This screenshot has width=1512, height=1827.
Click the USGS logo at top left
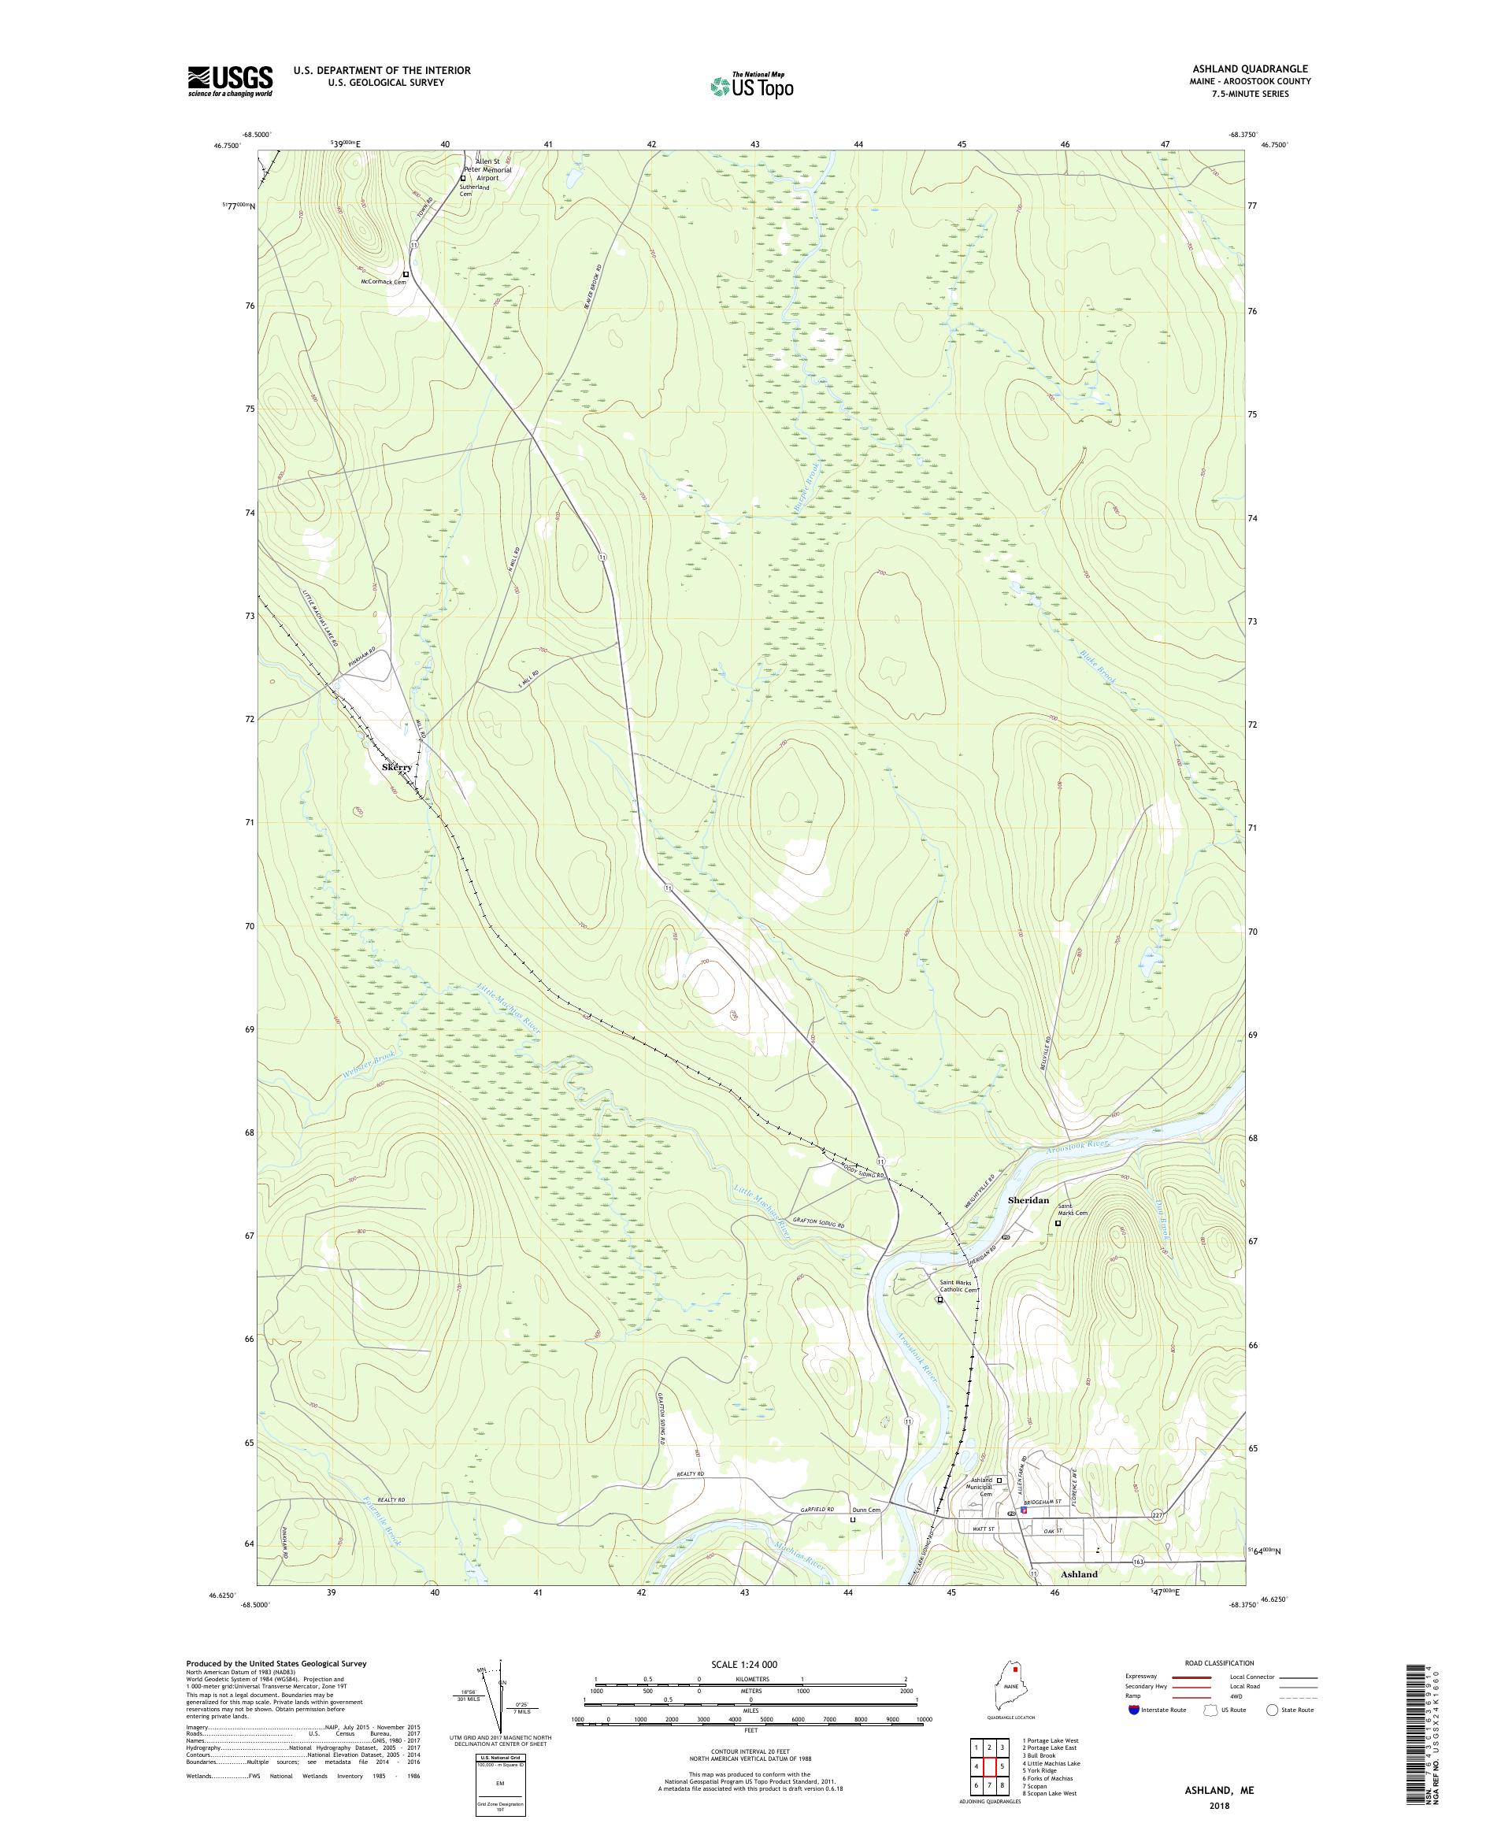(x=231, y=81)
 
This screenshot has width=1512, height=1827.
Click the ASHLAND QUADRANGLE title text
(x=1253, y=69)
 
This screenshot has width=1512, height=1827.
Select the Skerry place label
(x=397, y=769)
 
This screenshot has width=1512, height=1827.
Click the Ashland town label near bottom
(x=1079, y=1573)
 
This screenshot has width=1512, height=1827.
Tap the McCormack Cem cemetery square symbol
(x=406, y=274)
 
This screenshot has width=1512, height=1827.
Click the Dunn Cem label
(x=866, y=1510)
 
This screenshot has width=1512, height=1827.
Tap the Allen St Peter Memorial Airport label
(x=487, y=169)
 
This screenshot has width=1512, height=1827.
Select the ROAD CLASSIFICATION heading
(x=1221, y=1662)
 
